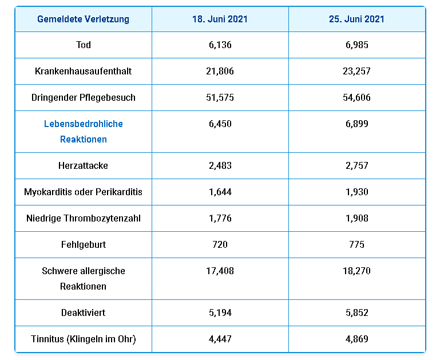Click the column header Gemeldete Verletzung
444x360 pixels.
pos(83,19)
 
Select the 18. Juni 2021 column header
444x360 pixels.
pos(220,19)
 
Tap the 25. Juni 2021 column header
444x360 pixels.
pos(356,19)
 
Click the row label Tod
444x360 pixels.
pos(84,45)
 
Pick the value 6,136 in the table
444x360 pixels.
pos(220,45)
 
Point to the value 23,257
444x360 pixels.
pos(357,71)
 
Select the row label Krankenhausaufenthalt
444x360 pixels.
pos(84,71)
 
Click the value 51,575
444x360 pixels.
pos(220,97)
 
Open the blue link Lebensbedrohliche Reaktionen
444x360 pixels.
pos(84,131)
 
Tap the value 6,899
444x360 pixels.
pos(357,124)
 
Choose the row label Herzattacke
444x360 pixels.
pos(84,165)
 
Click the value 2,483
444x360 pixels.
pos(220,165)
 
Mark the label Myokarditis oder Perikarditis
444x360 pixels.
pos(84,192)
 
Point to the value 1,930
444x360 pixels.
pos(357,192)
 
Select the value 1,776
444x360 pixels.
pos(220,218)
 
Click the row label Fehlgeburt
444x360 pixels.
pos(84,244)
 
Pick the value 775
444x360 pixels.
pos(357,244)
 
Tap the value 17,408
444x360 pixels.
pos(220,271)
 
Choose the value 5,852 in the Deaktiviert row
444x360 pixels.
pos(357,313)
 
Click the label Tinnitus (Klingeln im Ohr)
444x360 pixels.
pos(84,339)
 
